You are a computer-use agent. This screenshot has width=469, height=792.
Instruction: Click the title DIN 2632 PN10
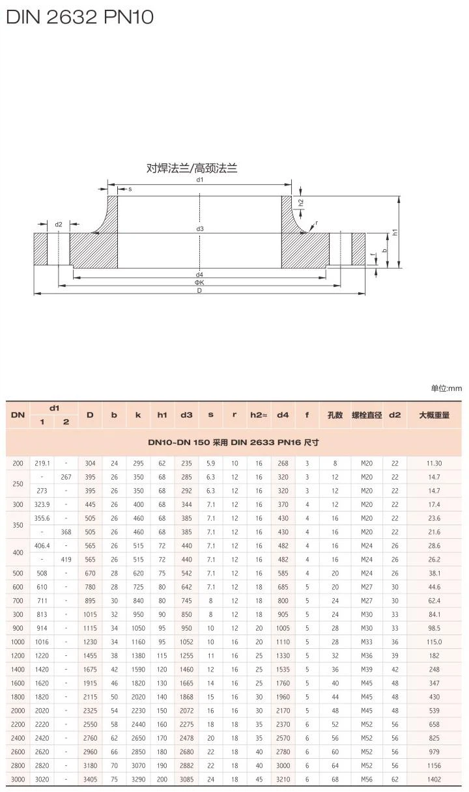(79, 17)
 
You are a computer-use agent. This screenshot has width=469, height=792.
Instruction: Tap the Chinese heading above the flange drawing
(192, 169)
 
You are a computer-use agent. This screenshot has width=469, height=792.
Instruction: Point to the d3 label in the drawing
(200, 229)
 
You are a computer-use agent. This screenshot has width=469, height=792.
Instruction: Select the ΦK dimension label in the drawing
(199, 282)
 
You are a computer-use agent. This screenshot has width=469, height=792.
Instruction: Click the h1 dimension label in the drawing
(395, 232)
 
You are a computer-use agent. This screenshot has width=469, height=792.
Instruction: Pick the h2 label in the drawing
(301, 202)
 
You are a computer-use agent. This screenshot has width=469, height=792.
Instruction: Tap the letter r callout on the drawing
(317, 223)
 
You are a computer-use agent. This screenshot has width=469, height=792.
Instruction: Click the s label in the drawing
(130, 189)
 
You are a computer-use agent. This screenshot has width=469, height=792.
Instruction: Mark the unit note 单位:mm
(446, 389)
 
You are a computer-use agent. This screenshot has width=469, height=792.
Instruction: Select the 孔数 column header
(335, 415)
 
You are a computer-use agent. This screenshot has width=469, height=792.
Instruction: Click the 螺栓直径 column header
(367, 415)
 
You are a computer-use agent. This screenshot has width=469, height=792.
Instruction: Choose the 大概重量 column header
(433, 415)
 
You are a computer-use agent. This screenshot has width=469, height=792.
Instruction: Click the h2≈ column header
(259, 415)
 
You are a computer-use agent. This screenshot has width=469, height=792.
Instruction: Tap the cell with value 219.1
(42, 463)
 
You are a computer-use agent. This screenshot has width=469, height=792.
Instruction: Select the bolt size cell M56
(367, 779)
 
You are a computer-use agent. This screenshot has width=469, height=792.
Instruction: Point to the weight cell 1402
(433, 779)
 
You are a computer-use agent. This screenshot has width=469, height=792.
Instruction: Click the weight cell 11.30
(433, 463)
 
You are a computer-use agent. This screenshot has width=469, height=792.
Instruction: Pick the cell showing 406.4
(42, 545)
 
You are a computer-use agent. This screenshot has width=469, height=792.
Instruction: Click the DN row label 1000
(18, 642)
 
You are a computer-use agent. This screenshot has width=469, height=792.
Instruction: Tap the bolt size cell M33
(367, 642)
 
